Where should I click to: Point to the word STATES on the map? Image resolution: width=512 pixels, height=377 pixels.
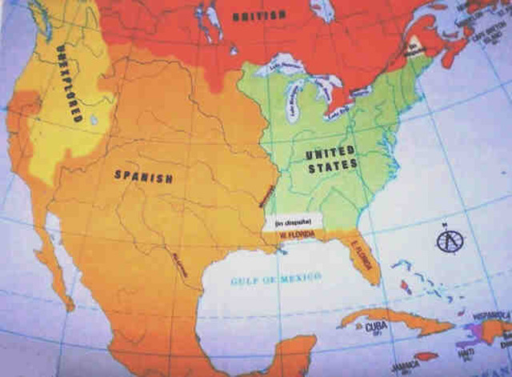tap(334, 165)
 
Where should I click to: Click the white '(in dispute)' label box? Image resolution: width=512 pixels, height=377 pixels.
tap(292, 223)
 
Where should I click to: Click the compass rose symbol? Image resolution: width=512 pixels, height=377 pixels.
tap(446, 238)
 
